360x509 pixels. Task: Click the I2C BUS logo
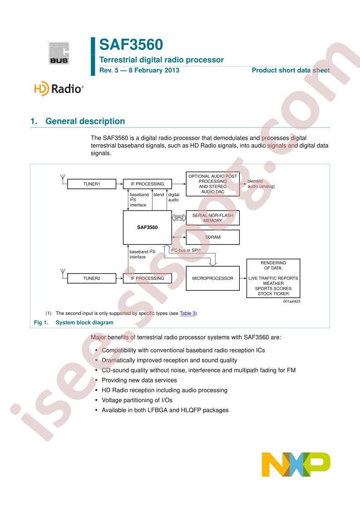tap(59, 53)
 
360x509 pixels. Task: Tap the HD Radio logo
tap(59, 88)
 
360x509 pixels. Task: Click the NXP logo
tap(296, 464)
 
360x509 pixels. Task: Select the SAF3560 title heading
tap(131, 44)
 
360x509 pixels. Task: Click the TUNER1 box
tap(92, 184)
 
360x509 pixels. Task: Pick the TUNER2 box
tap(92, 278)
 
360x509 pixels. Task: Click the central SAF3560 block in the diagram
tap(147, 227)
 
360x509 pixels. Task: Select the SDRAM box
tap(212, 237)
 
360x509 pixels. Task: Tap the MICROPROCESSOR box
tap(212, 278)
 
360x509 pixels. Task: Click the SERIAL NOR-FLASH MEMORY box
tap(212, 218)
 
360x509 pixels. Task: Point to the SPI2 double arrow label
tap(179, 218)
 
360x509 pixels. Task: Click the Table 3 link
tap(187, 313)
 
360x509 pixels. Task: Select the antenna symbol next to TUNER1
tap(63, 179)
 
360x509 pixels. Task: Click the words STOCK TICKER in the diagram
tap(273, 294)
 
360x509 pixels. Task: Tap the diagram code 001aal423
tap(291, 301)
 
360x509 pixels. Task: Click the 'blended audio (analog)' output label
tap(261, 184)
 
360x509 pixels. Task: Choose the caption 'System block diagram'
tap(84, 323)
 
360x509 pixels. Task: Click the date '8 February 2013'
tap(154, 70)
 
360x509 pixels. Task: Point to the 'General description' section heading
tap(85, 121)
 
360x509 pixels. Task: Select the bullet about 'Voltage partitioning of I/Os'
tap(137, 400)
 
